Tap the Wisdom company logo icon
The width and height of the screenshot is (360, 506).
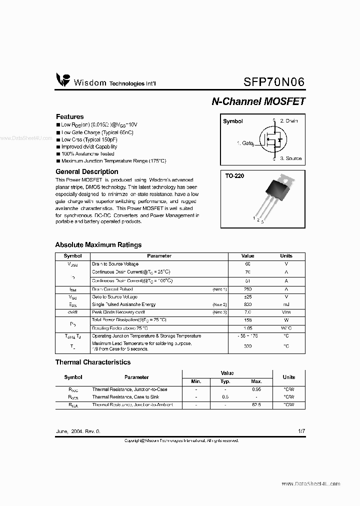pos(63,80)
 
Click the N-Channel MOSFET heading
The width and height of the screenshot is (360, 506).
pos(258,101)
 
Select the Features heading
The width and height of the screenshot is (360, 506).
pos(69,116)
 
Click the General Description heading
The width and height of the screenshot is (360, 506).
pos(86,171)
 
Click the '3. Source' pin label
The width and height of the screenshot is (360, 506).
pos(290,158)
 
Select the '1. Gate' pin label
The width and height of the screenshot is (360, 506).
pos(245,143)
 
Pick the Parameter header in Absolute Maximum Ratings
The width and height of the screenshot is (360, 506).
pos(159,256)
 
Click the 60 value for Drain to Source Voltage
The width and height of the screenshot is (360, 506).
pos(247,263)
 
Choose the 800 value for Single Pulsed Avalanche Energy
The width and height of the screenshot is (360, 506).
pos(247,304)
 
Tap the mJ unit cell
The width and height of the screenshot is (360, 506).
pos(286,304)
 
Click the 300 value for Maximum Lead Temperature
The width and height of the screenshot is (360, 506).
pos(247,346)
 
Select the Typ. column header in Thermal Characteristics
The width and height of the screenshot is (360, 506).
pos(225,382)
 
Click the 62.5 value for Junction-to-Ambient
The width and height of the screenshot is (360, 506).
pos(256,404)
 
